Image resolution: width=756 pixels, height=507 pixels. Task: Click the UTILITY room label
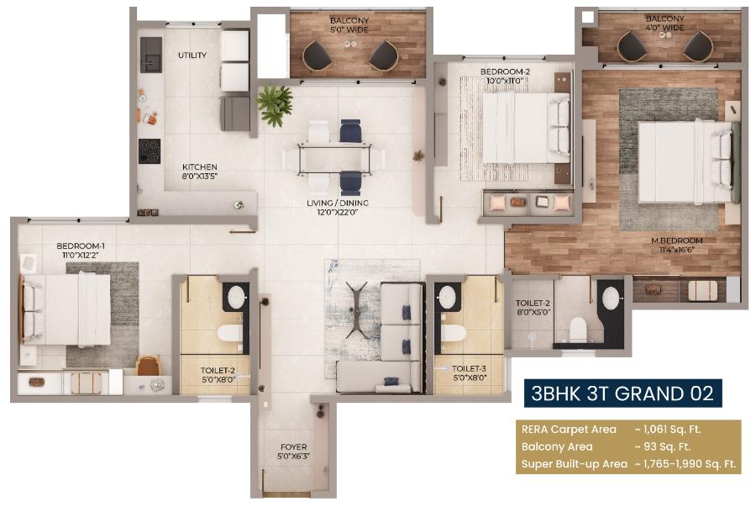(x=192, y=55)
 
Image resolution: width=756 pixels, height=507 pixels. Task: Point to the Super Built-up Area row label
(x=574, y=463)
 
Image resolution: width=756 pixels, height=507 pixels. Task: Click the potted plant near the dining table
(x=274, y=103)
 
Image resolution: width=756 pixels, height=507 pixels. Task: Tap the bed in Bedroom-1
(x=67, y=309)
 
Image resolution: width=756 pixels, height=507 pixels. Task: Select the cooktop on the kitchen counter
(x=150, y=151)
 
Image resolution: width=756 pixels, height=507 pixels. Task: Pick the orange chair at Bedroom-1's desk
(x=148, y=366)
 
